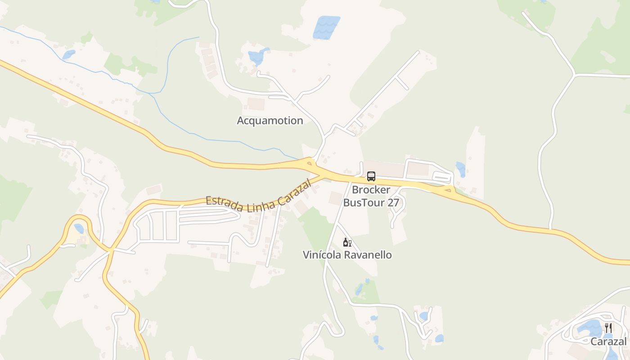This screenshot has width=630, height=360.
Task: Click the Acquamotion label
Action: (270, 121)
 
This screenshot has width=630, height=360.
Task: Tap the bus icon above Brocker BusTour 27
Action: (371, 176)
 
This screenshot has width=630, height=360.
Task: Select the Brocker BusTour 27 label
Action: (371, 196)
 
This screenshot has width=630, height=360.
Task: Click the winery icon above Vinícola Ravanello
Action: (347, 243)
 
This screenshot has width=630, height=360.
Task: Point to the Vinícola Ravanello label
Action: (347, 255)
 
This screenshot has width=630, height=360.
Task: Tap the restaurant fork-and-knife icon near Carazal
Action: (608, 328)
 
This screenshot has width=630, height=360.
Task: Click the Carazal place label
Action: (608, 342)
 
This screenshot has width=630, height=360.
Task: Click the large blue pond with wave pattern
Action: (326, 27)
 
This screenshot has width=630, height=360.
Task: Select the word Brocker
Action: (371, 190)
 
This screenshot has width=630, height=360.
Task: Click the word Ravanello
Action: (369, 255)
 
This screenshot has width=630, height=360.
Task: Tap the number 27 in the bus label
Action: (393, 202)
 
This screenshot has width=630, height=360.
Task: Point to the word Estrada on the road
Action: (221, 202)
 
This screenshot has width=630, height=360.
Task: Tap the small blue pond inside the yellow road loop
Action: (79, 229)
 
